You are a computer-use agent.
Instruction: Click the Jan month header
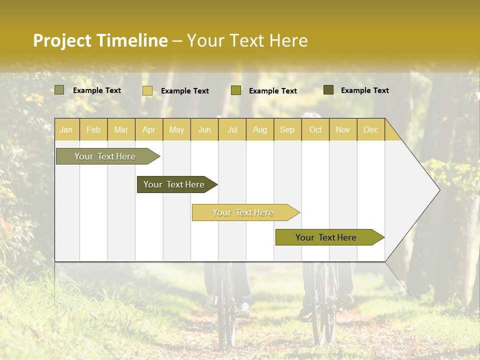(x=66, y=130)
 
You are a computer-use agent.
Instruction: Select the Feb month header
(x=93, y=130)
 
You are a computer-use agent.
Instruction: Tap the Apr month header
(x=148, y=130)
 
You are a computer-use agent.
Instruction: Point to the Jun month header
(x=204, y=130)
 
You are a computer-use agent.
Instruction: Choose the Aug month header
(x=259, y=130)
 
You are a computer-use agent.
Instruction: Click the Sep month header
(x=287, y=130)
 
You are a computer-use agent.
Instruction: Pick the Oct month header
(x=315, y=130)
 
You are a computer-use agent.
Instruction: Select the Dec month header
(x=370, y=130)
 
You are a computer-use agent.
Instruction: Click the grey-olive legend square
(x=59, y=90)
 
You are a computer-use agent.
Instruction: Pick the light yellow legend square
(x=147, y=90)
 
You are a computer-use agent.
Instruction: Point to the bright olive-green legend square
(x=236, y=90)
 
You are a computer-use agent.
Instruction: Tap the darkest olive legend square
(x=328, y=90)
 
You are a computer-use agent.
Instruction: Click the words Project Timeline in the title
(x=100, y=40)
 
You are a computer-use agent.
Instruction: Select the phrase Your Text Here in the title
(x=247, y=40)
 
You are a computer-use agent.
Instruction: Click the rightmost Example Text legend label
(x=364, y=90)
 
